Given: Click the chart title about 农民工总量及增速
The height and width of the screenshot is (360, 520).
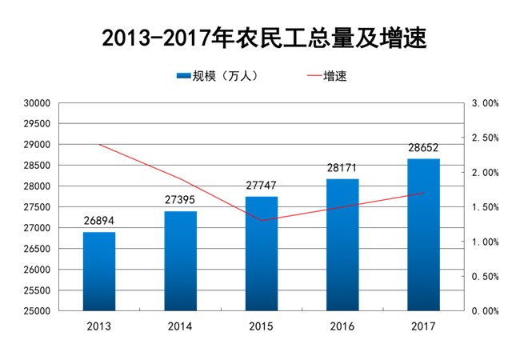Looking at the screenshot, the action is click(x=264, y=38).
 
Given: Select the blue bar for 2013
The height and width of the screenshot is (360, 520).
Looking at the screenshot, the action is click(x=99, y=271).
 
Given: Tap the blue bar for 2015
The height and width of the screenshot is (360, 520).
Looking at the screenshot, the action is click(x=262, y=254).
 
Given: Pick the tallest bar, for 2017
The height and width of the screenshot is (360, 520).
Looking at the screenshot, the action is click(x=423, y=234).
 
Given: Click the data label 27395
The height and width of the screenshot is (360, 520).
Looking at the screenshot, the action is click(x=180, y=200).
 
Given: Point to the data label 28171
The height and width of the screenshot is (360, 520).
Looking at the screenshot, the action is click(x=342, y=168).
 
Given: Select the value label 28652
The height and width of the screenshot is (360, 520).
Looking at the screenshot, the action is click(x=423, y=147).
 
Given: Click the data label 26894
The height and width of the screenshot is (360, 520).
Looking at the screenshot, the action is click(x=99, y=221).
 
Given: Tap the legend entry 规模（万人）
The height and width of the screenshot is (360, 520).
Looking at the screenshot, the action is click(x=218, y=76).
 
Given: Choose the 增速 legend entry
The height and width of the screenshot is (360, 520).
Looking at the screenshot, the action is click(x=327, y=76).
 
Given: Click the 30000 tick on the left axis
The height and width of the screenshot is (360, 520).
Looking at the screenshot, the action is click(x=37, y=103).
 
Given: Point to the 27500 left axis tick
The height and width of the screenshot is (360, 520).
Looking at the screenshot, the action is click(x=37, y=207).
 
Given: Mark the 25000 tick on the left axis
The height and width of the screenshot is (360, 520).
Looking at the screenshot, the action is click(x=37, y=311).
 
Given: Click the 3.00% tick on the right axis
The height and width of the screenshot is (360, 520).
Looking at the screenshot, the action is click(x=485, y=103).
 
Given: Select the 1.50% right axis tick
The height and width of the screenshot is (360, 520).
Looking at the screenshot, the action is click(x=485, y=207).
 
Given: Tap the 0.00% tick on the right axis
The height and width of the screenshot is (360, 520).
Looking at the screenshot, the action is click(x=485, y=311).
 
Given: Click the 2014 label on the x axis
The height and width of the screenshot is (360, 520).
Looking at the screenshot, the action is click(x=180, y=326).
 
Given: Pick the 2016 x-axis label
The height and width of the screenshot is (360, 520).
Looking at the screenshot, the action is click(x=342, y=326).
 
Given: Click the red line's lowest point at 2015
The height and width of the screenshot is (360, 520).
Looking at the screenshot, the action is click(x=262, y=221).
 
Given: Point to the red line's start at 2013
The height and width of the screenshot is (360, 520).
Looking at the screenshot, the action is click(x=99, y=145).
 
